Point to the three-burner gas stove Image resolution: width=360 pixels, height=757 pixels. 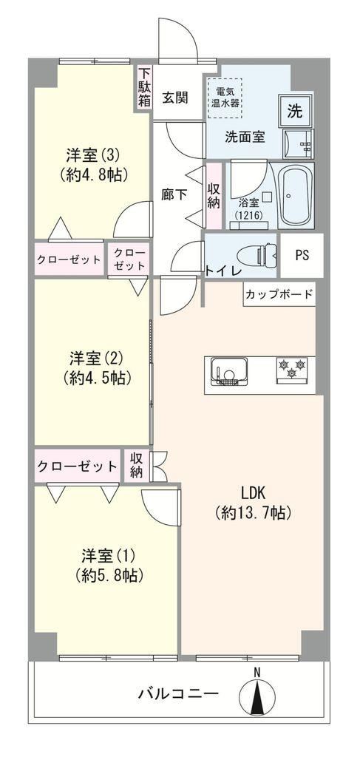[291, 370]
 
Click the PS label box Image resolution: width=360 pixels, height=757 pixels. [302, 255]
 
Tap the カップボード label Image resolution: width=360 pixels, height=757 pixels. [279, 293]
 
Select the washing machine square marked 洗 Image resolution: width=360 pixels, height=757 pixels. [296, 111]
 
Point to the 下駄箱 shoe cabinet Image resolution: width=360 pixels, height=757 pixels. [144, 87]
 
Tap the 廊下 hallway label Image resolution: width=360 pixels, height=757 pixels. [174, 194]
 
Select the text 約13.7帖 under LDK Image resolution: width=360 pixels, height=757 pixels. [254, 512]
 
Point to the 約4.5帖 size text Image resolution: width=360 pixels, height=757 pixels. [97, 377]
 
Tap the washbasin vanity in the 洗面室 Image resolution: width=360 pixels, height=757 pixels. [298, 143]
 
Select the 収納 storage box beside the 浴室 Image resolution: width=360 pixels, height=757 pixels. [214, 195]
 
